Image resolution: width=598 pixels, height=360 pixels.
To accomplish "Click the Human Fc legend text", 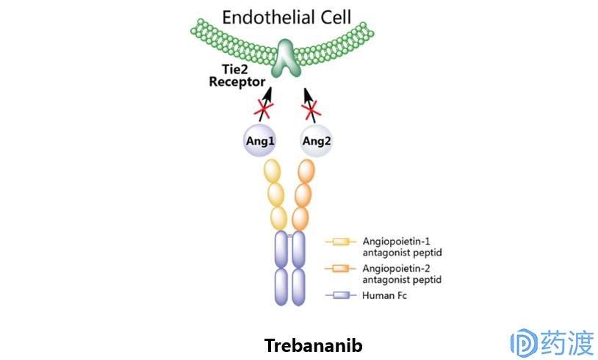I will (x=385, y=296).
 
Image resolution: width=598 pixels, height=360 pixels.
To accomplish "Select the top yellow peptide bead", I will (x=273, y=171).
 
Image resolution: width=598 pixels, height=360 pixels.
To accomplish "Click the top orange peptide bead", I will (x=306, y=171).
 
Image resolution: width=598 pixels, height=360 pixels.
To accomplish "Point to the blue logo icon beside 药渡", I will (x=523, y=342).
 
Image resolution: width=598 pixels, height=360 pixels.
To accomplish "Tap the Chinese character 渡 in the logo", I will (x=578, y=342).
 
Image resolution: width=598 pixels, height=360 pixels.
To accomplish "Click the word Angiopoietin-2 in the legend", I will (x=397, y=268).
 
